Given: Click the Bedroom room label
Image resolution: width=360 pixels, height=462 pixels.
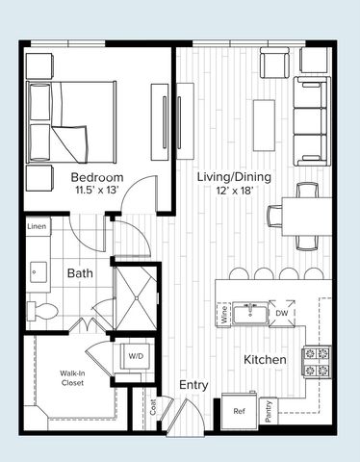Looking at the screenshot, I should tap(97, 178).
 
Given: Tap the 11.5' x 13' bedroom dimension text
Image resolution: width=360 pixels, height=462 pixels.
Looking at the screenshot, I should tap(97, 192).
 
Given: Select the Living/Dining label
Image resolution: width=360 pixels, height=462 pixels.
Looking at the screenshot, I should tap(234, 177).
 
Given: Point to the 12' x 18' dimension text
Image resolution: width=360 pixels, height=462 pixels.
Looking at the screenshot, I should tap(234, 191).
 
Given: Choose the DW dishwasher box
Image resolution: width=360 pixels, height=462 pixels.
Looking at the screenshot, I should tap(281, 314).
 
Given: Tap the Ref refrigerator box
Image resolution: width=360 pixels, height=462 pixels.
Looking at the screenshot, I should tap(240, 410).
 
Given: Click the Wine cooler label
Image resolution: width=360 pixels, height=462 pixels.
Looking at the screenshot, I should tap(223, 314).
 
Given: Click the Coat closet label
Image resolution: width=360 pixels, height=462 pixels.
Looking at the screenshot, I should tap(151, 409).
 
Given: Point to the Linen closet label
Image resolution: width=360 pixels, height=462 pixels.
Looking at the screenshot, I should tap(37, 226).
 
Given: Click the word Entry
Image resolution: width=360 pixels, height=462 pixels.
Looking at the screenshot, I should tap(194, 385).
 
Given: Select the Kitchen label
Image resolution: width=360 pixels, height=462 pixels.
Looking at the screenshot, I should tap(265, 359).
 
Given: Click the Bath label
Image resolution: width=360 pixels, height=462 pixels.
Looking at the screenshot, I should tap(79, 273).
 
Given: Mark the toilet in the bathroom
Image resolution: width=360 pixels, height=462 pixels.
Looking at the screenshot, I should tap(40, 310).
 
